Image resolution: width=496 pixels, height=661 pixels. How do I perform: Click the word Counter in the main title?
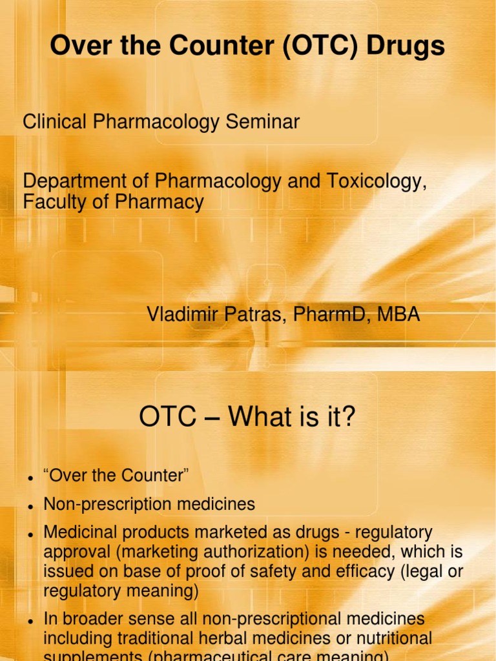click(x=207, y=46)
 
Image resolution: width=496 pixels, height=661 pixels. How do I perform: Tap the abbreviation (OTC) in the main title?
click(x=309, y=46)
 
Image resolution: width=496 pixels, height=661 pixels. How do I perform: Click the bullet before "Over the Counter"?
click(x=30, y=478)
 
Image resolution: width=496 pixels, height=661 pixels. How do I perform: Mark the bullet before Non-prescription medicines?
click(x=30, y=505)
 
